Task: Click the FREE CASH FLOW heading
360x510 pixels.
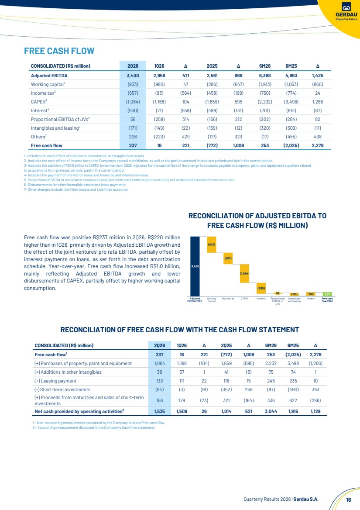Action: [x=59, y=51]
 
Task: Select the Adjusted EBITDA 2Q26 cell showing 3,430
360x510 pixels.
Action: [x=133, y=76]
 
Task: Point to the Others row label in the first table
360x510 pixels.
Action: [x=38, y=137]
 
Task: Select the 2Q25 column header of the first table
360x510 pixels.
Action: [x=212, y=66]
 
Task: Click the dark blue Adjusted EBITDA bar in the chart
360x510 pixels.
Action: [x=195, y=266]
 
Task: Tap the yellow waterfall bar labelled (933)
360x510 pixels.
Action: [x=212, y=244]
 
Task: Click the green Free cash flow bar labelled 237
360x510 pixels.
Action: [x=327, y=294]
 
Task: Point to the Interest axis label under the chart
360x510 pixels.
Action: [x=261, y=299]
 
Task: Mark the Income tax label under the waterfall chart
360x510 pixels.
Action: [x=228, y=299]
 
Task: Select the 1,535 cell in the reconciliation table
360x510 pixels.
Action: [x=160, y=411]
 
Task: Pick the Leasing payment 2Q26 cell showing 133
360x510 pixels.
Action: [x=160, y=381]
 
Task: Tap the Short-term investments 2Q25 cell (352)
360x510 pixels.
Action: [x=226, y=389]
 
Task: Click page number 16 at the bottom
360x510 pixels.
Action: [x=349, y=500]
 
